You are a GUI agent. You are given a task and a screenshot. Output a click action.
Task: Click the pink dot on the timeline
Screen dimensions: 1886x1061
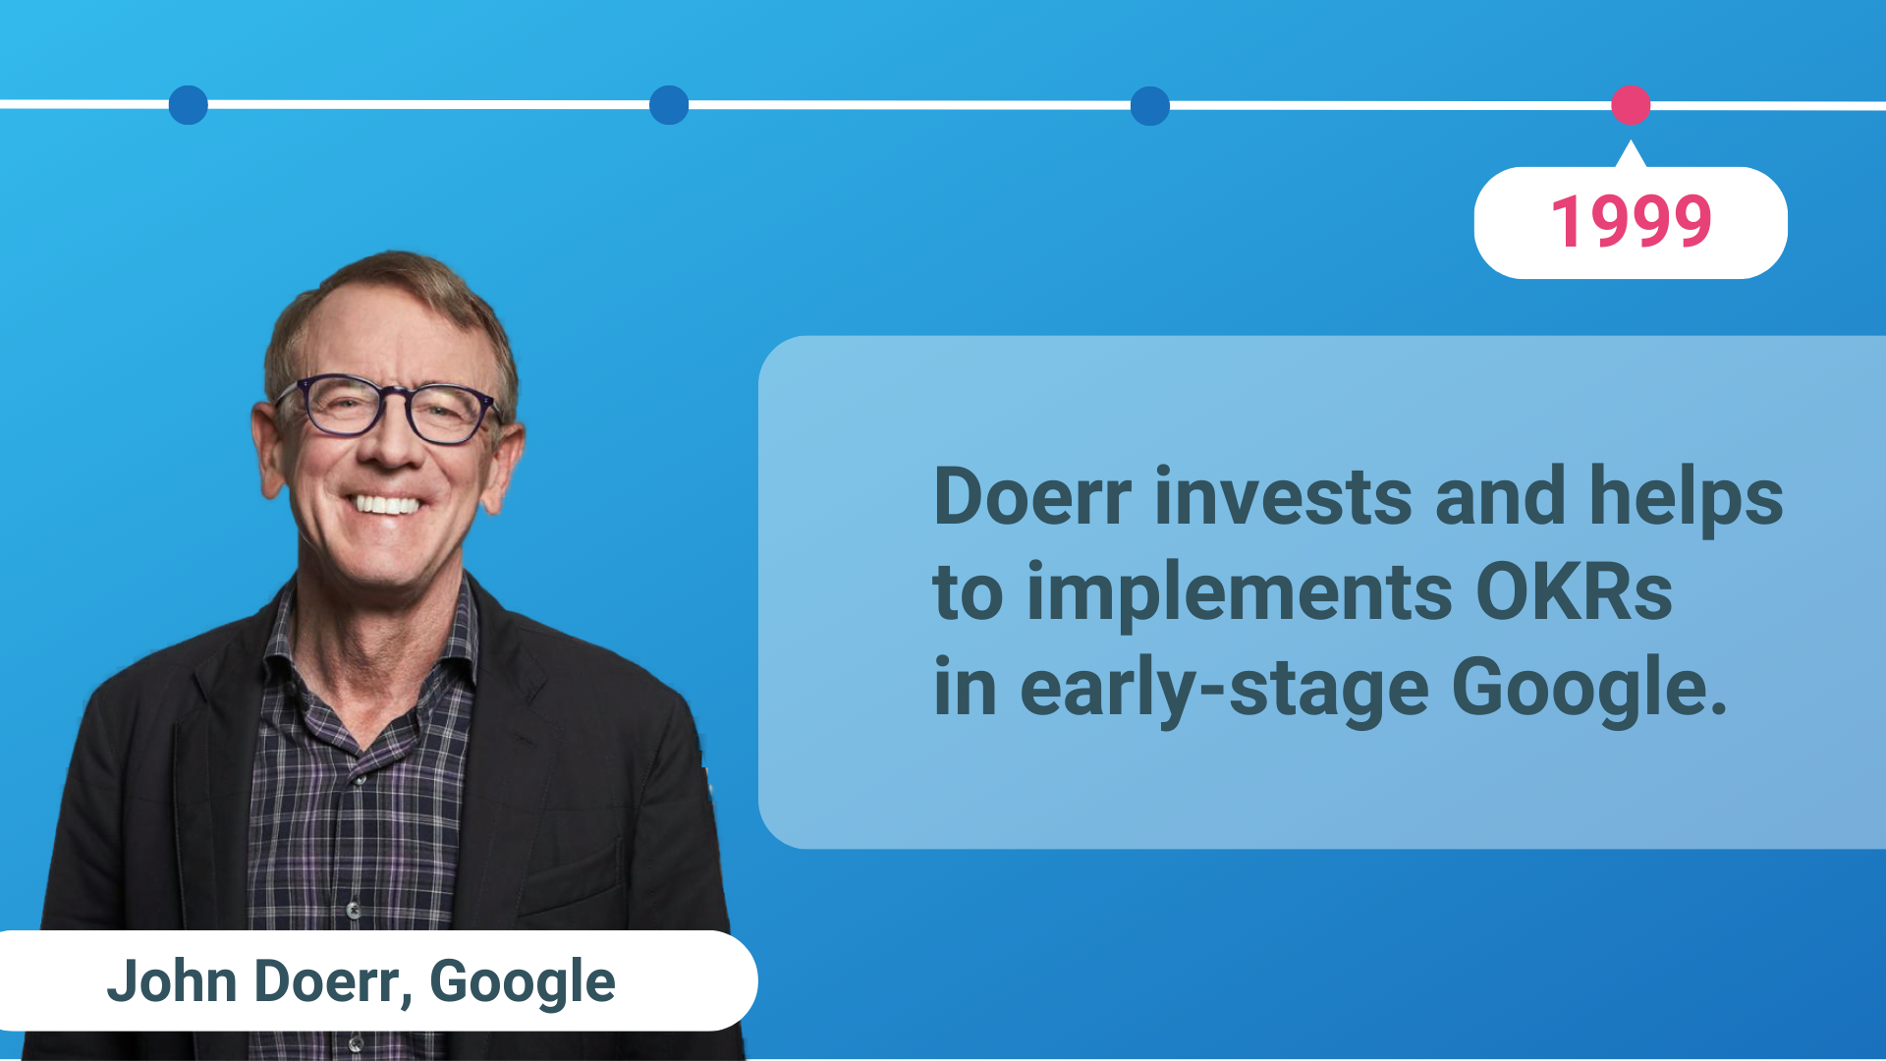[x=1631, y=105]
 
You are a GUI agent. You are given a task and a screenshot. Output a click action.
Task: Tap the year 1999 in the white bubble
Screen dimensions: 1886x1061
[x=1632, y=221]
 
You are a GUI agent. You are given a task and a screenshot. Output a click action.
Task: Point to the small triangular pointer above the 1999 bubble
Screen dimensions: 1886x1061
[x=1631, y=153]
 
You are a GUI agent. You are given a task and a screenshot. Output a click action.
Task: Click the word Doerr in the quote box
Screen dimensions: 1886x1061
[x=1032, y=496]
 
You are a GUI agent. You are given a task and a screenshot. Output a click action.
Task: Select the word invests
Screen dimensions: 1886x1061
[x=1284, y=496]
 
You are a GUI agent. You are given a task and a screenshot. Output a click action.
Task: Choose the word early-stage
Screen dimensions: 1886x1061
[x=1224, y=691]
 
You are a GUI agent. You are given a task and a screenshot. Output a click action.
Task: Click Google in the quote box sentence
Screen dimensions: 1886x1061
[x=1588, y=691]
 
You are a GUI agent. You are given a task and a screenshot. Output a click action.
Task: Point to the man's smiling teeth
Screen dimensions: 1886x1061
[x=386, y=505]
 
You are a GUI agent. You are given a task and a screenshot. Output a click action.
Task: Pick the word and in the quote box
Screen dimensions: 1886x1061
[x=1500, y=496]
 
